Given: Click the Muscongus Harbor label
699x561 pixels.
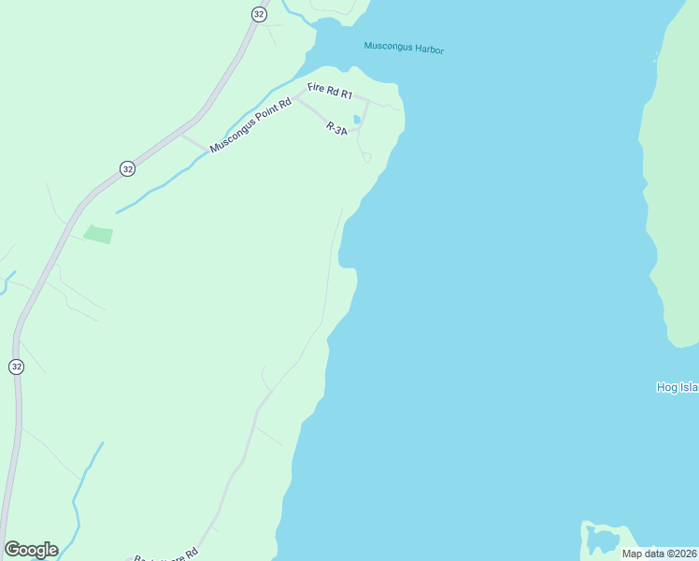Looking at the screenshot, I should pos(403,47).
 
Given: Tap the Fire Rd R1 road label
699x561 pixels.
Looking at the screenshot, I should pos(330,93).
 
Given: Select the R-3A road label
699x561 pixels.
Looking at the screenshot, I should pos(336,129).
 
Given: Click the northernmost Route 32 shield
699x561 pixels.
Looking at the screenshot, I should pos(259,13).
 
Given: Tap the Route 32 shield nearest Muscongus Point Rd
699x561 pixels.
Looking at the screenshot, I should pos(127,168).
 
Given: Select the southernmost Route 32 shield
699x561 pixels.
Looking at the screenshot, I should pos(16,367).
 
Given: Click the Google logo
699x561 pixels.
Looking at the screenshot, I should pos(31,550).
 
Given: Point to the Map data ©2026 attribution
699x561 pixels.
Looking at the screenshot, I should pos(659,554).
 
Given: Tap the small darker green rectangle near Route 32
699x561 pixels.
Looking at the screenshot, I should pos(98,234).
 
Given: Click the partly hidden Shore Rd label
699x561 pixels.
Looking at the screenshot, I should pos(166,554).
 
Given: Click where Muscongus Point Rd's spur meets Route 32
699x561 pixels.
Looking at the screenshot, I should pos(179,135).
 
